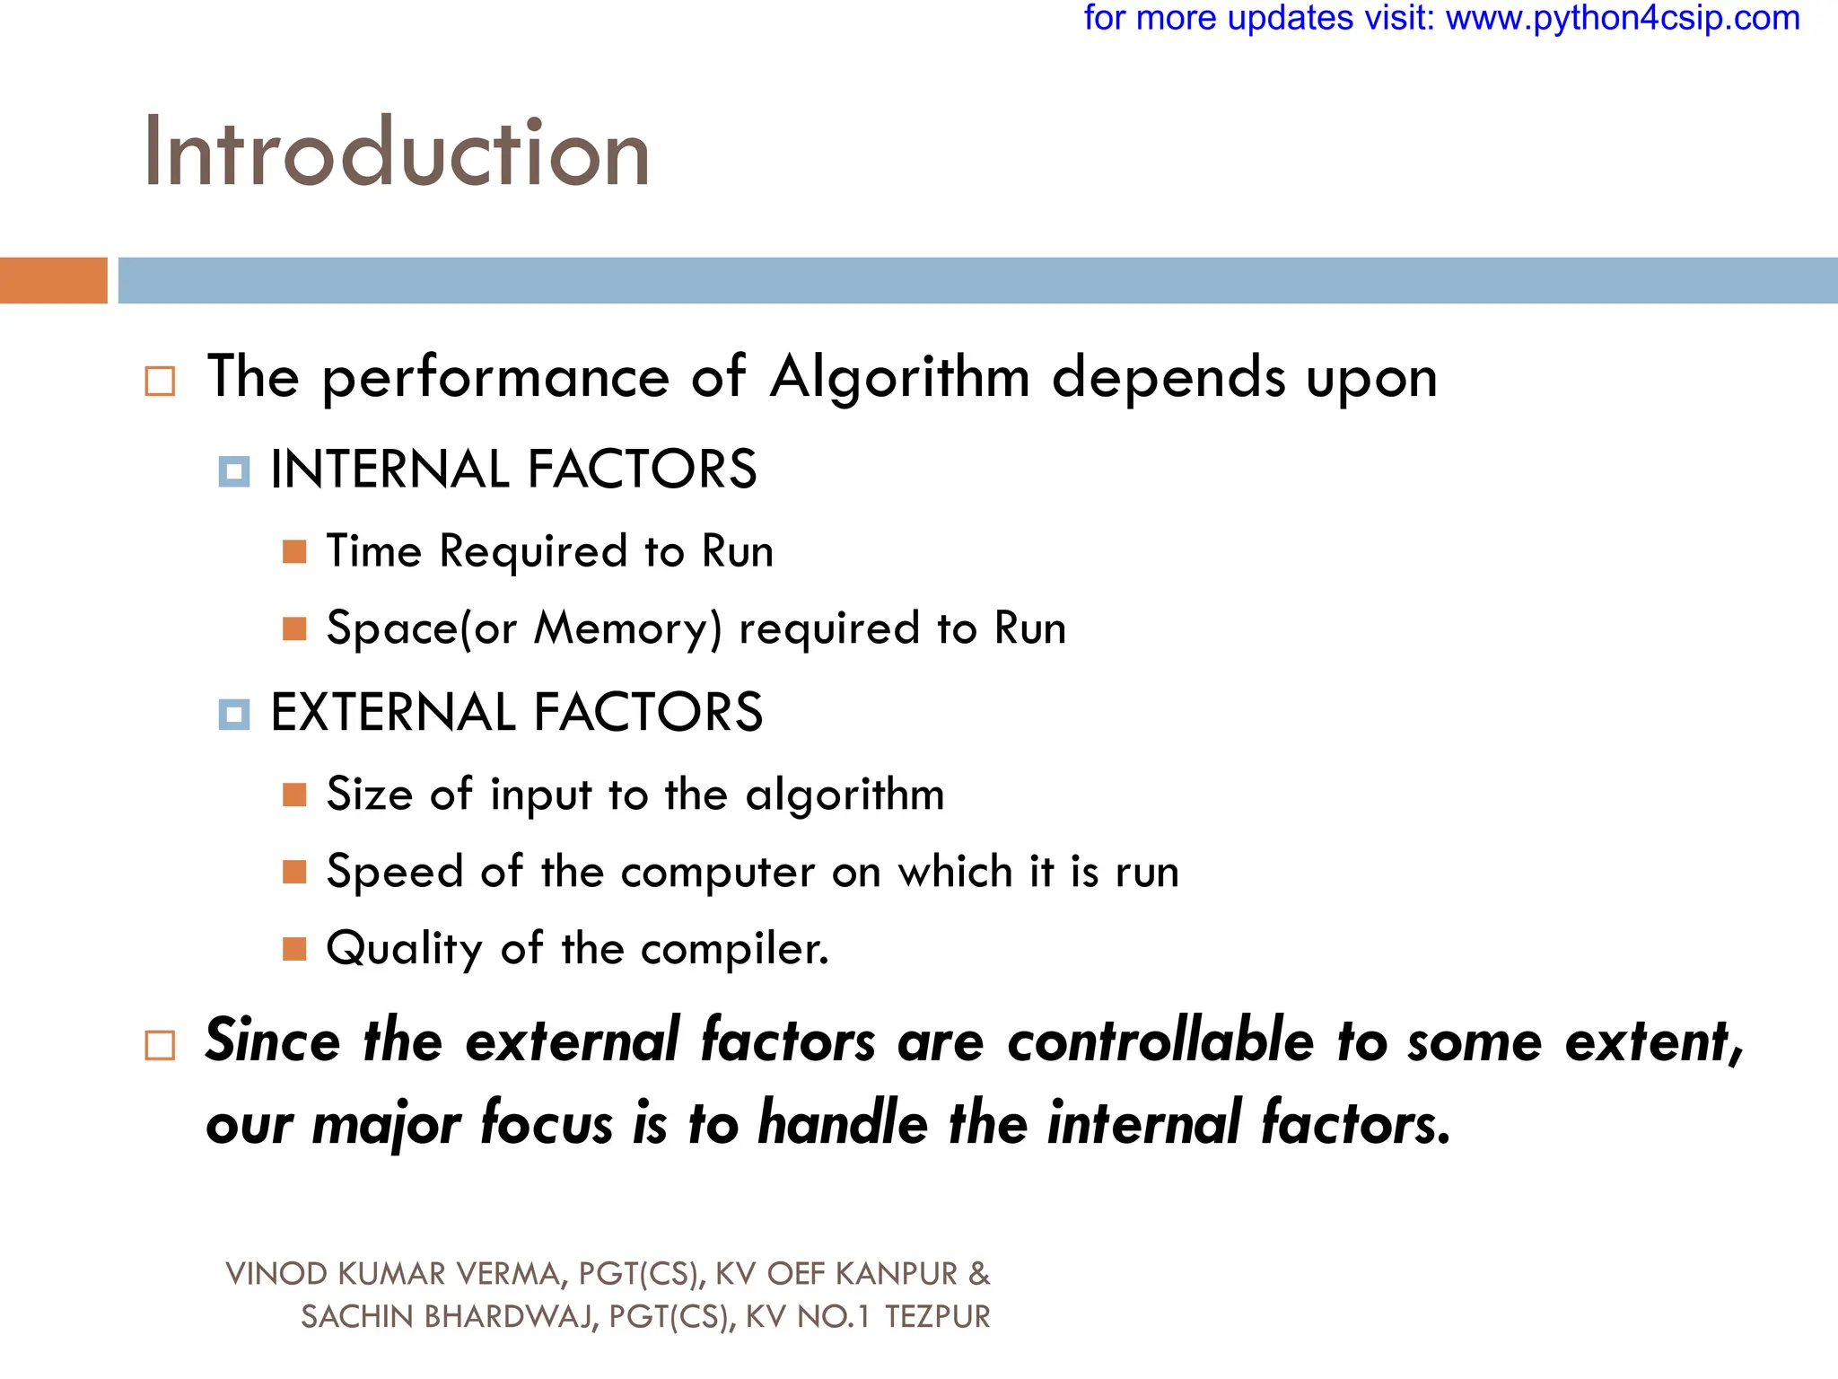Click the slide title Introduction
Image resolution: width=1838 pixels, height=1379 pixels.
click(x=396, y=154)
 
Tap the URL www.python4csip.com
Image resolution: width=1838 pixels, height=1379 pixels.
click(x=1623, y=18)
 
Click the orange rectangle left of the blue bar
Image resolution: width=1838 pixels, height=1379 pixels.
click(x=53, y=280)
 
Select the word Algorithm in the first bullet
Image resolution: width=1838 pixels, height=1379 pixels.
click(x=900, y=377)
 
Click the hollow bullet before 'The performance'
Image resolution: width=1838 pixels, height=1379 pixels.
click(x=160, y=381)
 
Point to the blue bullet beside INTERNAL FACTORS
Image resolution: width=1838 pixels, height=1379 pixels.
click(x=234, y=471)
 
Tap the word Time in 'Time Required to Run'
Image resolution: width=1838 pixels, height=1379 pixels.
click(x=373, y=551)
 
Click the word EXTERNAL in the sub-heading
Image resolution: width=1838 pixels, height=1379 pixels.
click(x=393, y=713)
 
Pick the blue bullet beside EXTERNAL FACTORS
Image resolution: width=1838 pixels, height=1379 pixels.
click(x=234, y=715)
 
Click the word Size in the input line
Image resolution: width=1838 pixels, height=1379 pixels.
click(x=368, y=795)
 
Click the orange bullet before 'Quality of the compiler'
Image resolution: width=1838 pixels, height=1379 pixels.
click(x=294, y=949)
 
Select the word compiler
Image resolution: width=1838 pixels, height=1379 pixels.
click(x=734, y=950)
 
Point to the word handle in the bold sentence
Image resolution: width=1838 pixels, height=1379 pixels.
click(x=843, y=1123)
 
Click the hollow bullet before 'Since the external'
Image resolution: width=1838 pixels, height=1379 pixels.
click(x=160, y=1045)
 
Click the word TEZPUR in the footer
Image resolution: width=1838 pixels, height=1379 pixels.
click(x=938, y=1317)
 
